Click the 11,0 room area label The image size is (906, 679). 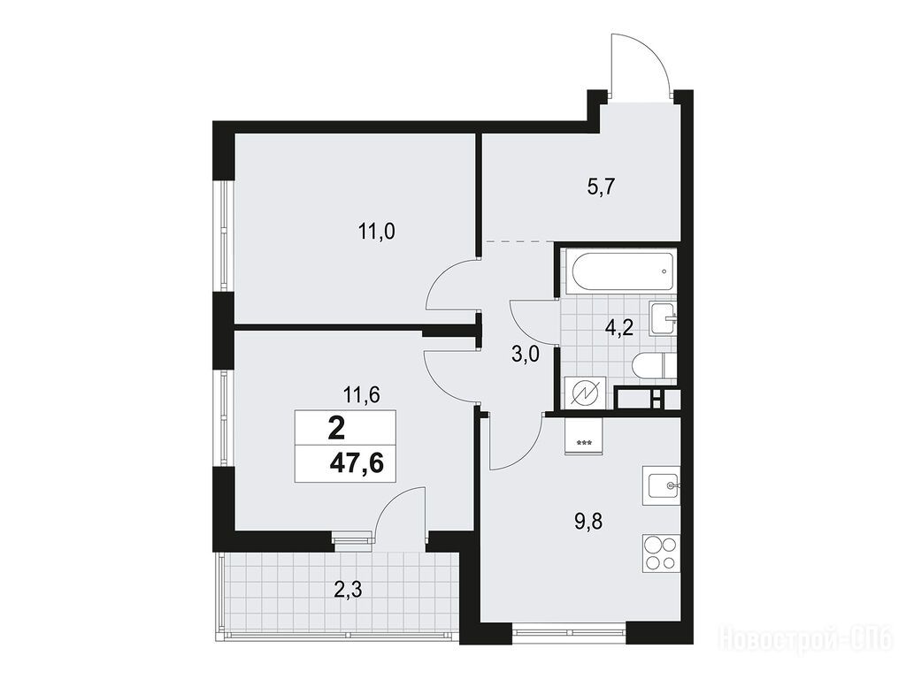point(376,233)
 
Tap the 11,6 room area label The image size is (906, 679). point(361,396)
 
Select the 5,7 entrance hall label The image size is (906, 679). point(601,187)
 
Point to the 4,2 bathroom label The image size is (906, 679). point(619,329)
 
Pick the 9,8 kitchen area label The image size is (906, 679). point(588,522)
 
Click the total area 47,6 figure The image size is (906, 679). point(357,463)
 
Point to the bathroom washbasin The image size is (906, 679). point(662,317)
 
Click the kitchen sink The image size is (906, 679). point(662,485)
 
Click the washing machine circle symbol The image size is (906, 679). point(586,393)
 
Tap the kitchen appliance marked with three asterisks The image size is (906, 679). point(584,437)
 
